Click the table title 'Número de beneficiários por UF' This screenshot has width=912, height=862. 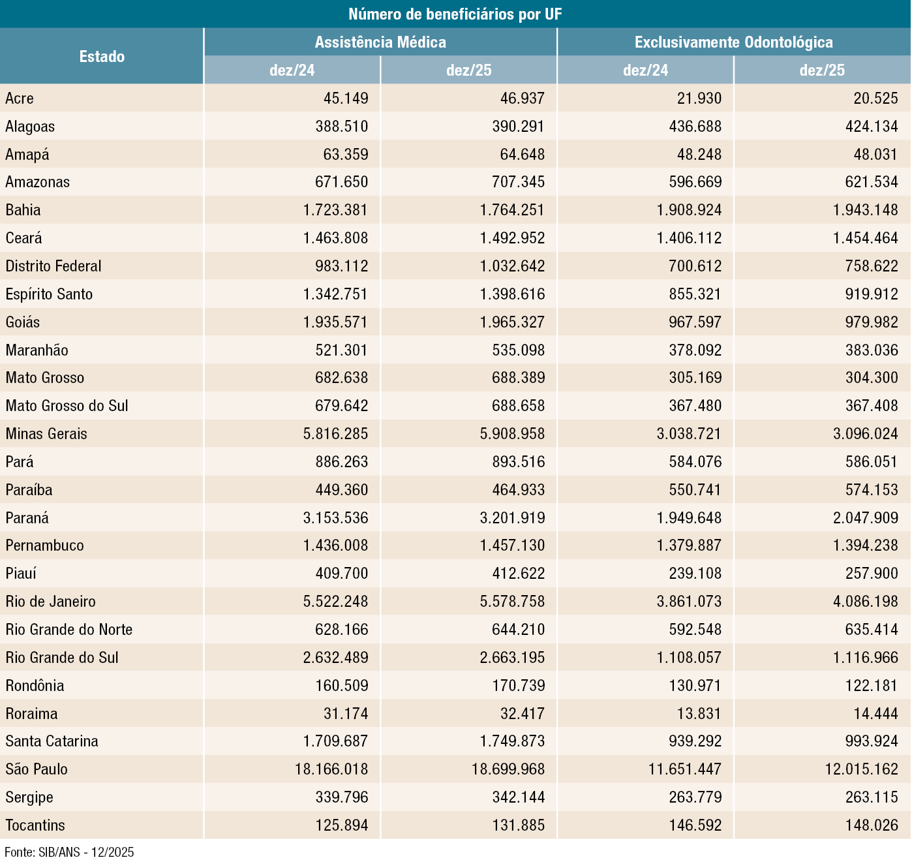click(x=455, y=14)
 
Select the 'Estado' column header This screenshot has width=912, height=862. click(x=102, y=57)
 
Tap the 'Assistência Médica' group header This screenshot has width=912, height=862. click(x=380, y=42)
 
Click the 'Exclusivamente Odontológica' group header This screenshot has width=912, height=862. click(x=733, y=42)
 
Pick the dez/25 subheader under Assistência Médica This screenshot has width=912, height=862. click(x=468, y=70)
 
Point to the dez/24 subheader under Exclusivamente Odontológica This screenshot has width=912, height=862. click(x=645, y=70)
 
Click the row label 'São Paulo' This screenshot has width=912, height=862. click(x=37, y=769)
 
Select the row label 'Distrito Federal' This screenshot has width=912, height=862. click(x=53, y=266)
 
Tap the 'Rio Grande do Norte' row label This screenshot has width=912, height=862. click(x=69, y=630)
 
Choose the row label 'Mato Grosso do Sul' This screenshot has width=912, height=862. click(x=67, y=406)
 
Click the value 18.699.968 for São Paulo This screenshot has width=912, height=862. click(x=508, y=769)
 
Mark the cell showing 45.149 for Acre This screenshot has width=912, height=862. click(x=346, y=99)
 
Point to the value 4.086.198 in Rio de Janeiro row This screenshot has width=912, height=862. click(x=865, y=602)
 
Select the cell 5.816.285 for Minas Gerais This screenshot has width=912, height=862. click(x=335, y=434)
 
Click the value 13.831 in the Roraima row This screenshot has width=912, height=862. click(x=699, y=714)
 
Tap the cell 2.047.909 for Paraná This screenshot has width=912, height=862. click(x=865, y=518)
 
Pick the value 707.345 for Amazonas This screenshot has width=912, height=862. click(x=518, y=182)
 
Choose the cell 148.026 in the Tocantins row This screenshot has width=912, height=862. click(x=872, y=825)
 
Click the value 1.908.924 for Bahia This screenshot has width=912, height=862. click(x=689, y=210)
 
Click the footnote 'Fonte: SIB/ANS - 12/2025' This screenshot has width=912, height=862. click(x=69, y=852)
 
